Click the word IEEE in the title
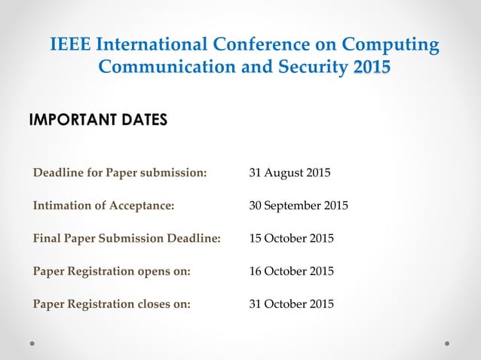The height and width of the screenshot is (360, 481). coord(71,45)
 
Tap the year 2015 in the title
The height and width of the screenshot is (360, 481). coord(372,67)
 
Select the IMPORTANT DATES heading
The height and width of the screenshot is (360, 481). coord(98,121)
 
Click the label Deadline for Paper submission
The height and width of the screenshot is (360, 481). coord(120,173)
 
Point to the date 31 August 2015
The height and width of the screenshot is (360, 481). coord(290,173)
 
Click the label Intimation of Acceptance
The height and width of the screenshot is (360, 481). coord(104,206)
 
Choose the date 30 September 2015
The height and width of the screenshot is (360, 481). coord(299,206)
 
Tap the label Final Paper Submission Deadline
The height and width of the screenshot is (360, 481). coord(127,239)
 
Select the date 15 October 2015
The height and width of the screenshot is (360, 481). coord(291,239)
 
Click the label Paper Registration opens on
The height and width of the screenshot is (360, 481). coord(112,271)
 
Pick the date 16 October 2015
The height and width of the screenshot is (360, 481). coord(291,271)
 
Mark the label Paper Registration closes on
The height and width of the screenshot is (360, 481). coord(112,304)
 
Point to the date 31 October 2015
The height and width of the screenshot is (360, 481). coord(291,304)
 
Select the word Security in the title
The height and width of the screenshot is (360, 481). coord(308,67)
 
